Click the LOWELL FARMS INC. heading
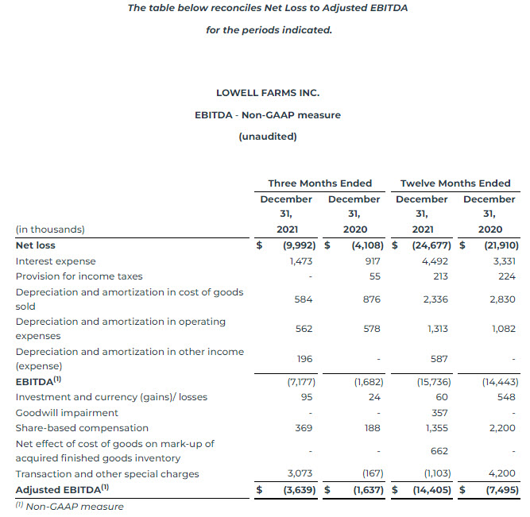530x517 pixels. point(267,93)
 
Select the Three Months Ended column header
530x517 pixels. point(319,183)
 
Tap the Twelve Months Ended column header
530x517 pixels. point(455,183)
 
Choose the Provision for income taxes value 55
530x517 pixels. point(374,276)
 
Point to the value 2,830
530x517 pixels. point(502,299)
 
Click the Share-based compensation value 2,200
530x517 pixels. point(502,428)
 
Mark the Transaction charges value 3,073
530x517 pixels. point(299,474)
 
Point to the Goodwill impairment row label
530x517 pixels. point(67,413)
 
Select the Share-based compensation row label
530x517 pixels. point(82,428)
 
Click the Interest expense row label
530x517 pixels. point(56,261)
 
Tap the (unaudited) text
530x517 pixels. point(267,137)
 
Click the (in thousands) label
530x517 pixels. point(49,230)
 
